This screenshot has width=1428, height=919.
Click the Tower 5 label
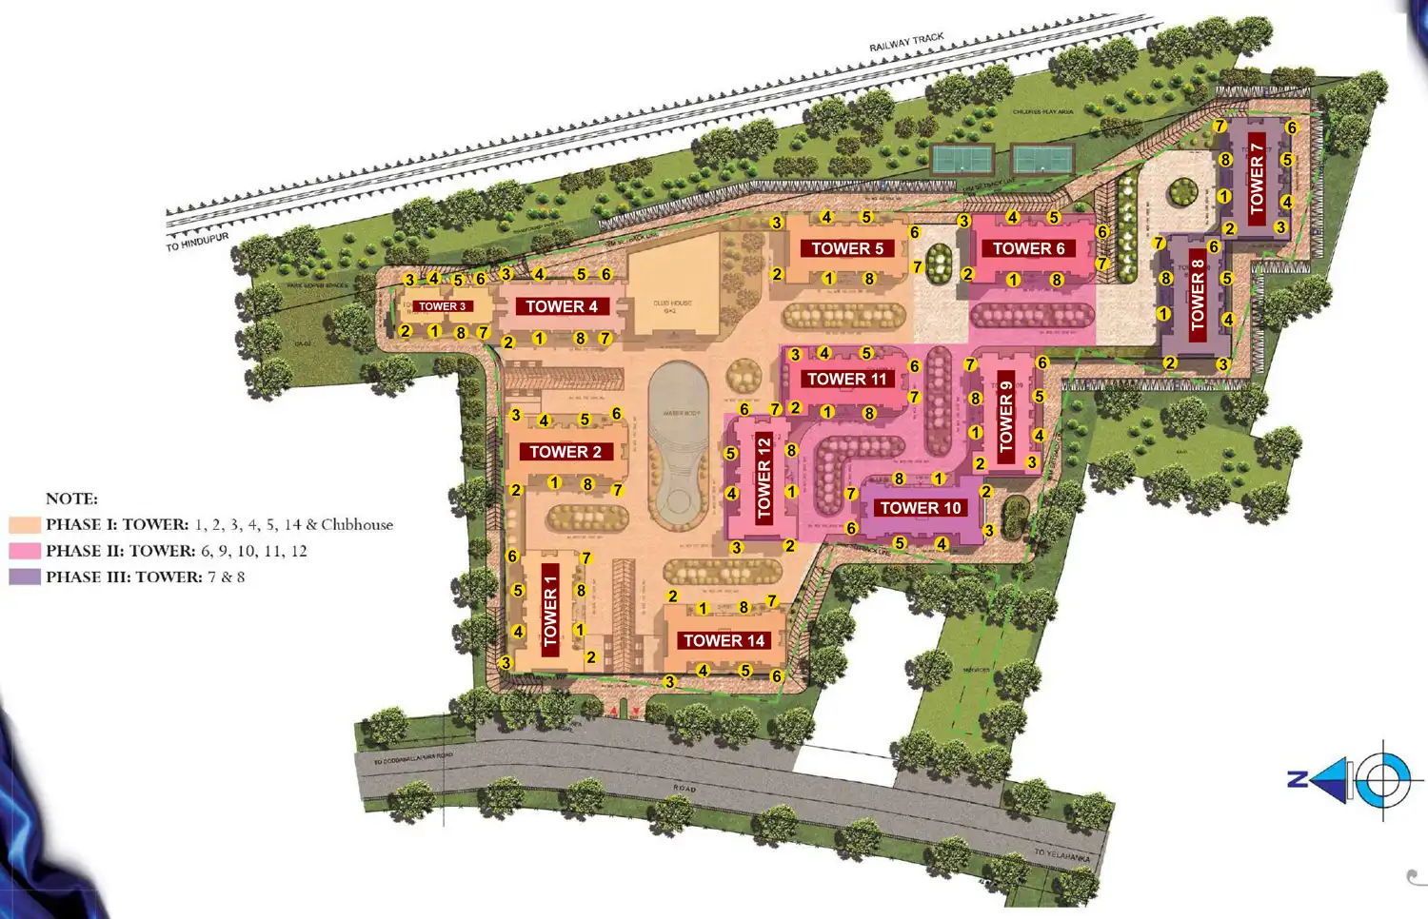click(847, 248)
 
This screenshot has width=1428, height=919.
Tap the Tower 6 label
click(1028, 248)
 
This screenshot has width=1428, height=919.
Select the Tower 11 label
click(846, 379)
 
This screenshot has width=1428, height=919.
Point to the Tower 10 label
click(921, 508)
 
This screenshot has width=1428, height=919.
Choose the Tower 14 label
click(724, 640)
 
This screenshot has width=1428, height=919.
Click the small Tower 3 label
click(443, 306)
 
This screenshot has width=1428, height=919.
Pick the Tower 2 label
click(565, 452)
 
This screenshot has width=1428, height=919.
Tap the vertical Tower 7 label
click(1257, 178)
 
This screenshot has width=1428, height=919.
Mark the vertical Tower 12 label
click(764, 478)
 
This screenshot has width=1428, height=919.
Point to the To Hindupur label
click(197, 242)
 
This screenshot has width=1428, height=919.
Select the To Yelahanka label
click(1061, 855)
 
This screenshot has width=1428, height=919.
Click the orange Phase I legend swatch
click(25, 524)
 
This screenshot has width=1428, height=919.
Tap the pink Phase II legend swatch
click(25, 551)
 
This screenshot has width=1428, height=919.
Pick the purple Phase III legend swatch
click(25, 577)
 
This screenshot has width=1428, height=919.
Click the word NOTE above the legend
click(71, 499)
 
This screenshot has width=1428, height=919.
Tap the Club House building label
click(672, 306)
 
